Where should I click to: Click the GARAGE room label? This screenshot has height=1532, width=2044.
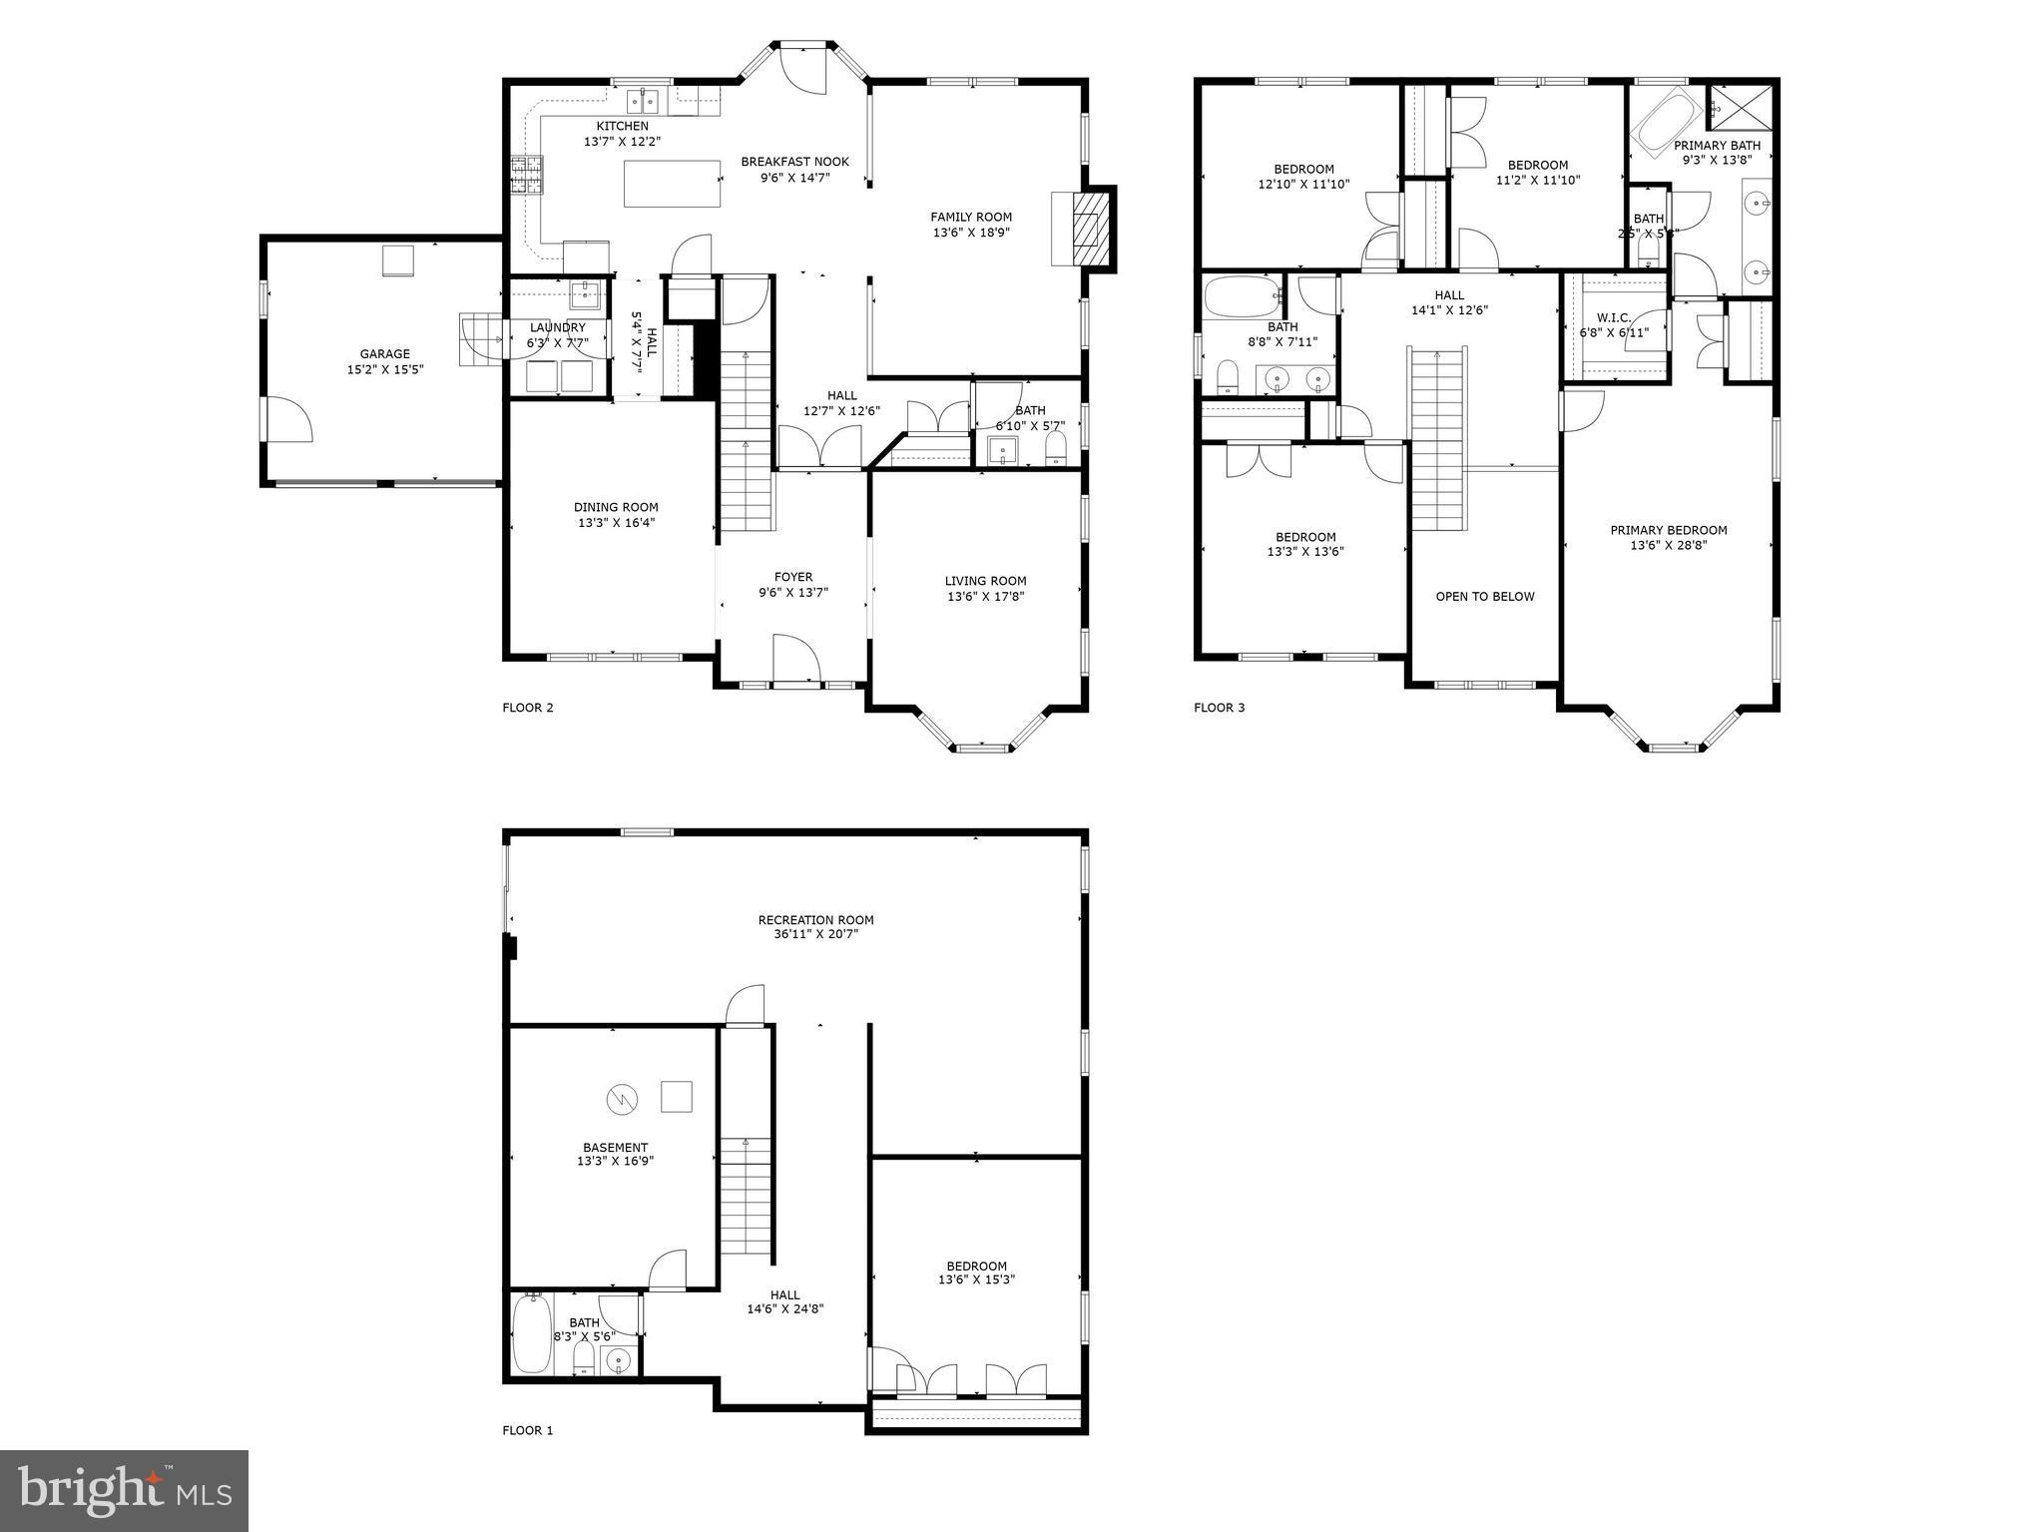tap(384, 353)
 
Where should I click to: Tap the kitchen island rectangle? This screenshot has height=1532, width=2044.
tap(673, 183)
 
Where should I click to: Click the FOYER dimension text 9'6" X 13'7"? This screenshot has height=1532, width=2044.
tap(793, 592)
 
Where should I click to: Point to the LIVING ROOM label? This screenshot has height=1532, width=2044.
tap(985, 581)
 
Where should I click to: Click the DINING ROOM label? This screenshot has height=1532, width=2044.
tap(616, 507)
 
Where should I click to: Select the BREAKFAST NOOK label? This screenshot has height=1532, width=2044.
tap(794, 162)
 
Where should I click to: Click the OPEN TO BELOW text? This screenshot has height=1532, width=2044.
tap(1484, 597)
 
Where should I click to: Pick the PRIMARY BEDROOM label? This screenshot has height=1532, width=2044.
tap(1668, 531)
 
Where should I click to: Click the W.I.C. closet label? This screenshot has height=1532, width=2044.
tap(1613, 318)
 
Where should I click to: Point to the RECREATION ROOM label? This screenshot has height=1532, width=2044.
tap(815, 920)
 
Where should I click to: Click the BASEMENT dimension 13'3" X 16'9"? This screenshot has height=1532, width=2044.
tap(615, 1162)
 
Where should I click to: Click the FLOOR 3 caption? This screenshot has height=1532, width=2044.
tap(1219, 708)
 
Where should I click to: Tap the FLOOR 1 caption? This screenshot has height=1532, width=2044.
tap(527, 1430)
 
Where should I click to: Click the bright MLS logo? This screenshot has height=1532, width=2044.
tap(124, 1490)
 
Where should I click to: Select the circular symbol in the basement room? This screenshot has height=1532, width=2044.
tap(621, 1100)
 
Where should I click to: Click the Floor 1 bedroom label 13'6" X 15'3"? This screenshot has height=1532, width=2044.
tap(976, 1279)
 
